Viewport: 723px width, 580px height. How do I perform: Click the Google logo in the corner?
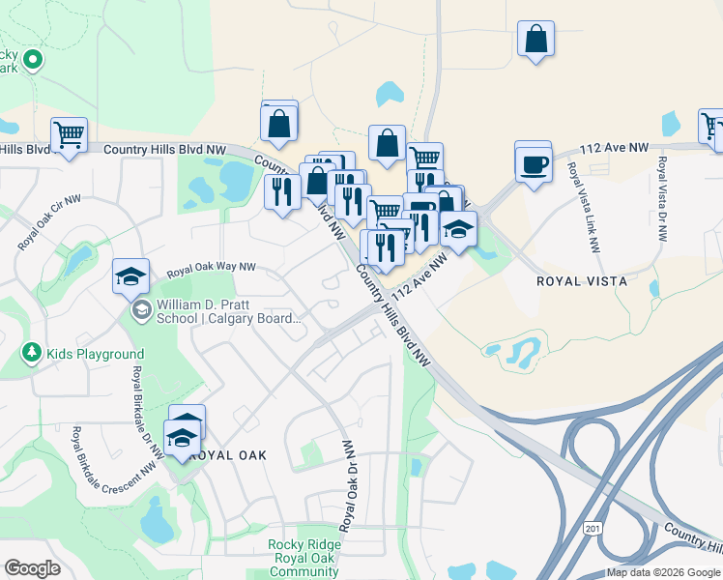33,568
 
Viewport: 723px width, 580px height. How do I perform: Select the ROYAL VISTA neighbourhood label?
583,281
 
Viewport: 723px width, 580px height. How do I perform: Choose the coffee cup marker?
533,164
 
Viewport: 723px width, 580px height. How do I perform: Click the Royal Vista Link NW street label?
584,208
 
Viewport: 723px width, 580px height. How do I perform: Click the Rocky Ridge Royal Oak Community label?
304,558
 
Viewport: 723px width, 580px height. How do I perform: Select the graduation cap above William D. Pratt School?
130,276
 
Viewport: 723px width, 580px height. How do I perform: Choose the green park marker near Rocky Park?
33,61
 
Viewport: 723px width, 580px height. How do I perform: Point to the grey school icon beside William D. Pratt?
141,310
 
